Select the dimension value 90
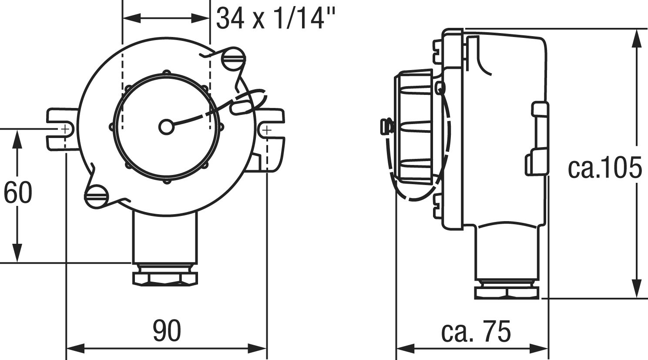[x=167, y=330]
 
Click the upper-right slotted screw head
[x=233, y=59]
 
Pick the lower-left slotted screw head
[x=96, y=196]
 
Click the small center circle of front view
[x=166, y=127]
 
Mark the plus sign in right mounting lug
[x=267, y=131]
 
